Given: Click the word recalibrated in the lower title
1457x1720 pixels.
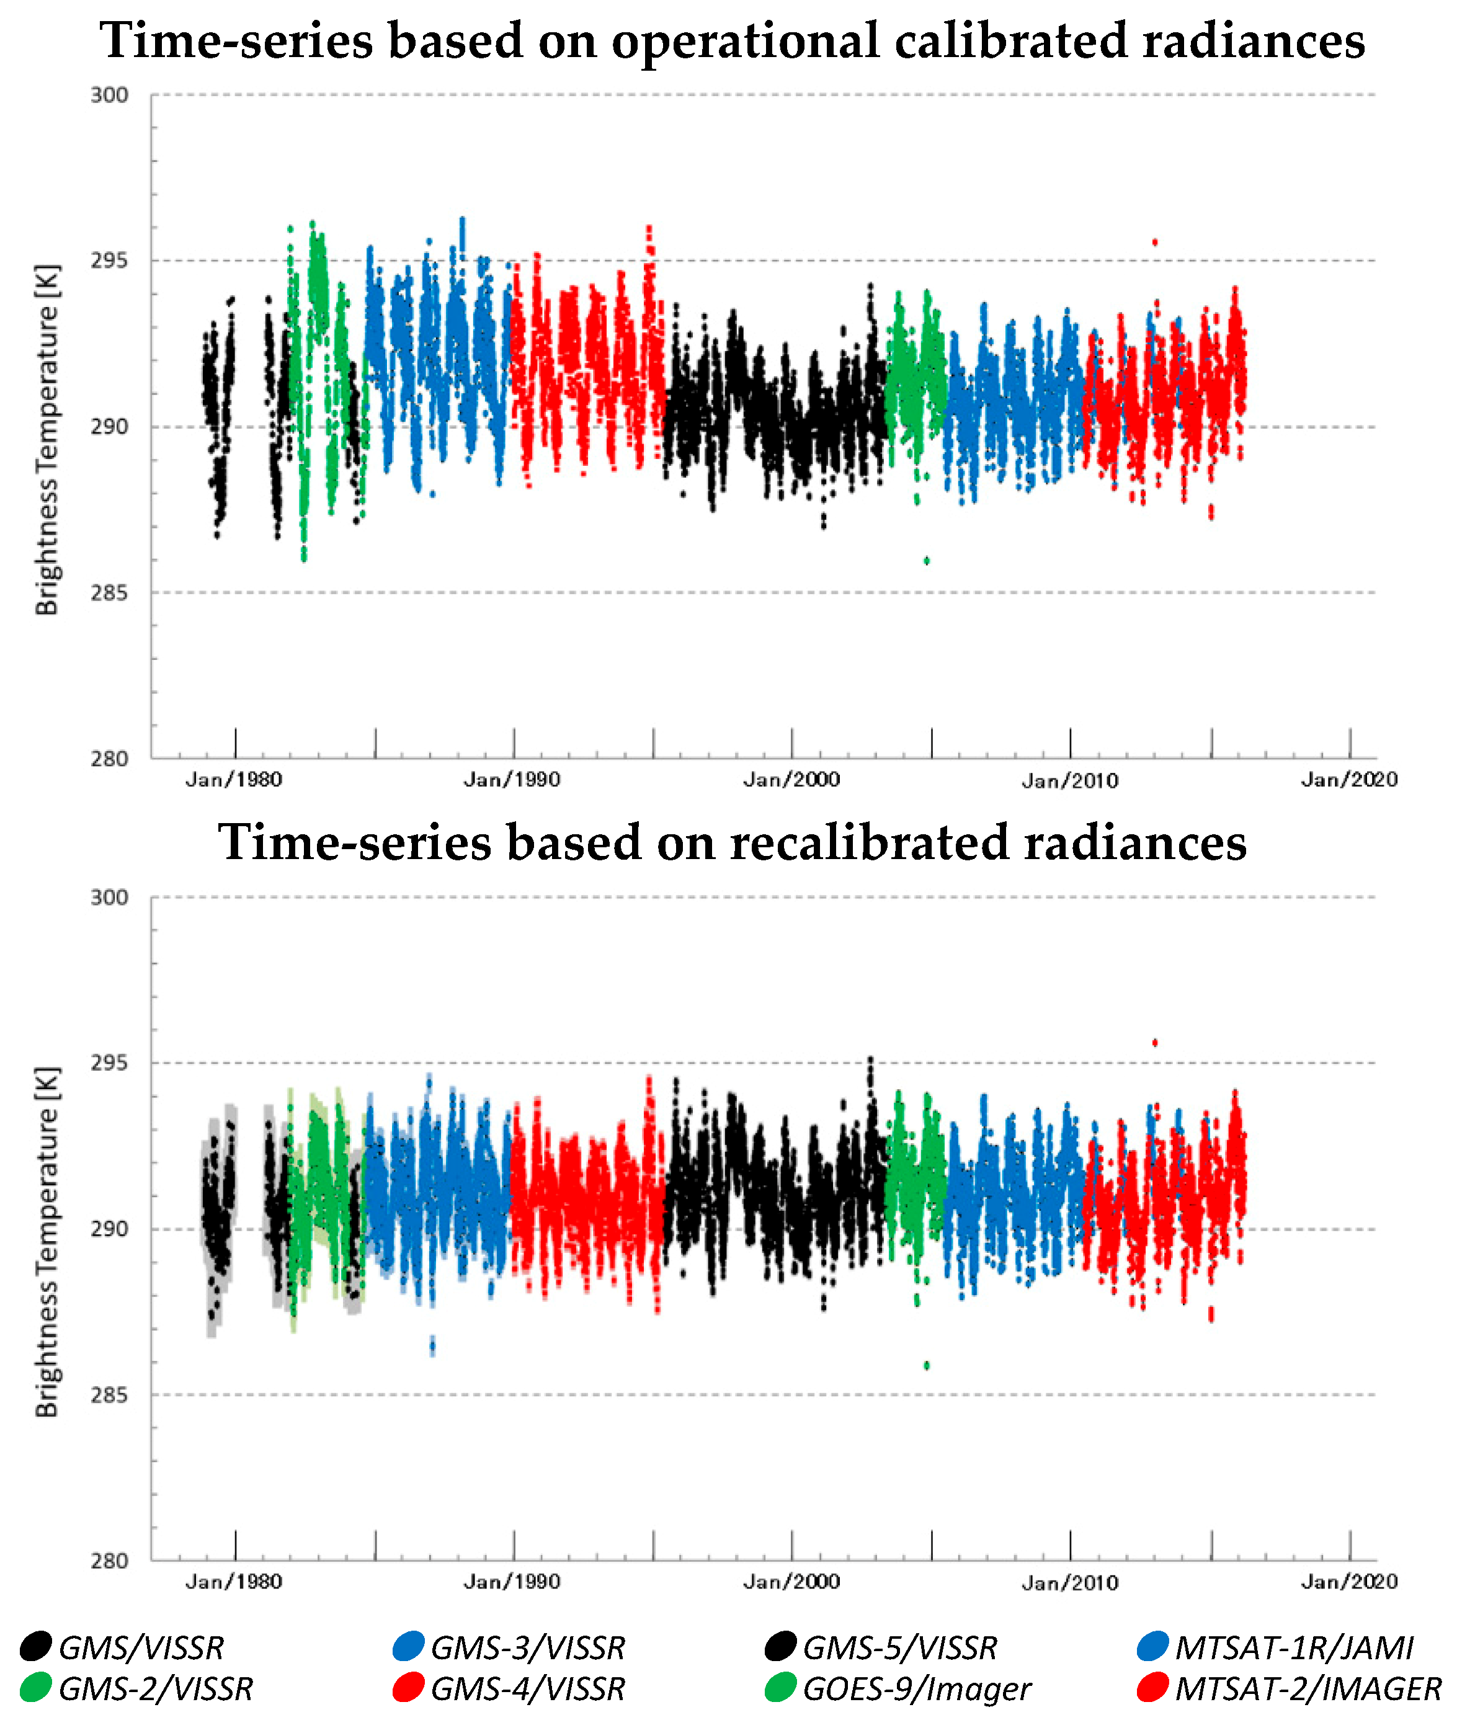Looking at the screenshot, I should point(869,843).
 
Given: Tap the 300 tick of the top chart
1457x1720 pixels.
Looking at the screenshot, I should point(109,95).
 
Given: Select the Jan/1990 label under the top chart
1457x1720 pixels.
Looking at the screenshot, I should point(512,780).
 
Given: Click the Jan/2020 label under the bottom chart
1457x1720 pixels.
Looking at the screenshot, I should point(1349,1581).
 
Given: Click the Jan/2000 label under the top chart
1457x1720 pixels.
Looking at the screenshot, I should point(791,780).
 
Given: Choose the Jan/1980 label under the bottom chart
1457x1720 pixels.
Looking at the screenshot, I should point(234,1581).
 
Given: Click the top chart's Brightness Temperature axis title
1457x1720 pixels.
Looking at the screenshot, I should point(47,440).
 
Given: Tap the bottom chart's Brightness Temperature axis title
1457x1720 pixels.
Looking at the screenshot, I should point(47,1242).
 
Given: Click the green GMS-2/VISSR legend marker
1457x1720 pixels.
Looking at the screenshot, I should point(35,1687).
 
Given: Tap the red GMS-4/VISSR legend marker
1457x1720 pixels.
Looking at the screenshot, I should point(408,1687).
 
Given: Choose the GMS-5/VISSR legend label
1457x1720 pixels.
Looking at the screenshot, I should point(899,1648).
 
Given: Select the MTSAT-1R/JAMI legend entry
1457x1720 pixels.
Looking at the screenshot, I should point(1293,1648).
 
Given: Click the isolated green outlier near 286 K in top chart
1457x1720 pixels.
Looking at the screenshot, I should point(927,561).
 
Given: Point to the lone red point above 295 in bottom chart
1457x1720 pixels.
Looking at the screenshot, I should point(1155,1043).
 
